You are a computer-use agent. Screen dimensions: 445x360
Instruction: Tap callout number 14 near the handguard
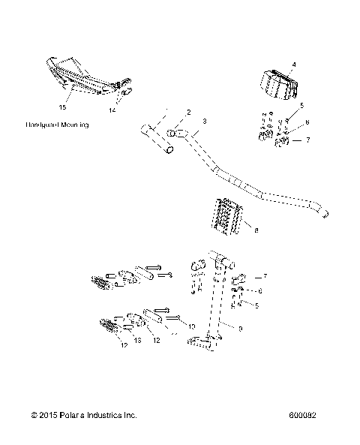coord(112,110)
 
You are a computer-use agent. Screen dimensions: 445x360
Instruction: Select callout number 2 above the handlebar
coord(189,112)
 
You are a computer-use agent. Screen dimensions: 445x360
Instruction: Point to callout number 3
coord(205,120)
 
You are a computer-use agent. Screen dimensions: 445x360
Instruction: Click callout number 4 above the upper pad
coord(293,65)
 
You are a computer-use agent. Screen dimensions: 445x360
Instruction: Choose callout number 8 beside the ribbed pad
coord(256,231)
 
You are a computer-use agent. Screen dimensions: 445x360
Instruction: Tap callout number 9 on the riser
coord(240,328)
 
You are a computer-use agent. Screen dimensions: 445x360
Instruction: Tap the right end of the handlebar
coord(325,214)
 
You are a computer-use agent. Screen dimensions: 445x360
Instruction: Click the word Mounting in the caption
coord(75,125)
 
